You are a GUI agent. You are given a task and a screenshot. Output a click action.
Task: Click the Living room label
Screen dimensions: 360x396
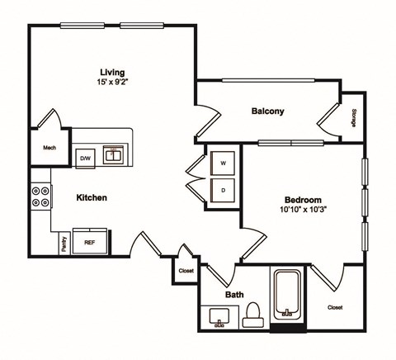(x=112, y=71)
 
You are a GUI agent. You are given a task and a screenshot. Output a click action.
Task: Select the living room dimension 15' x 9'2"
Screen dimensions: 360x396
(x=112, y=83)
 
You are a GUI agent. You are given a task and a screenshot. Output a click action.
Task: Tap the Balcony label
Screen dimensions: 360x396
(x=268, y=111)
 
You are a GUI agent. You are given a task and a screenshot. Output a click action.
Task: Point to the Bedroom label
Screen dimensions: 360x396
(x=303, y=200)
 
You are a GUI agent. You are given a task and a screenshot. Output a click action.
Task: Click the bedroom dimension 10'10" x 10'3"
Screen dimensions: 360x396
(x=303, y=211)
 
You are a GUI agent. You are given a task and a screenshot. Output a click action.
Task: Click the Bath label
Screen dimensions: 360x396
(x=234, y=294)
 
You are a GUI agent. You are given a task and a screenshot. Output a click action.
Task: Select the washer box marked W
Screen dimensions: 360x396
(x=224, y=163)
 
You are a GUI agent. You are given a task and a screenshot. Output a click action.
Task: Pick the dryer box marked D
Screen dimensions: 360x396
(x=224, y=189)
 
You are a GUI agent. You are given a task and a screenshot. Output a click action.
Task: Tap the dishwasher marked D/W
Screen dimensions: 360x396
(x=85, y=157)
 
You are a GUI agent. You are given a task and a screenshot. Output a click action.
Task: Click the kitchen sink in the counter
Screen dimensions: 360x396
(x=113, y=154)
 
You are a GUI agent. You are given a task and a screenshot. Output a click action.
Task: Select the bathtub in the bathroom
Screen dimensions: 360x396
(x=288, y=296)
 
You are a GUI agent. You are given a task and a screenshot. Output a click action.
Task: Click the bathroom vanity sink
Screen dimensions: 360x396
(x=219, y=316)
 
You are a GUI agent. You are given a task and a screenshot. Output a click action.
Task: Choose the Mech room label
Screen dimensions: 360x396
(x=49, y=149)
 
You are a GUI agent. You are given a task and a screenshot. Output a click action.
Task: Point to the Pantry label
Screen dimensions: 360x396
(x=64, y=244)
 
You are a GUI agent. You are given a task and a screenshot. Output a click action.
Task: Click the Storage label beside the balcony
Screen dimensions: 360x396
(x=354, y=119)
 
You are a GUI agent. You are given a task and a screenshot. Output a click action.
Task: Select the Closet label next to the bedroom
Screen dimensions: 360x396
(x=335, y=307)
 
